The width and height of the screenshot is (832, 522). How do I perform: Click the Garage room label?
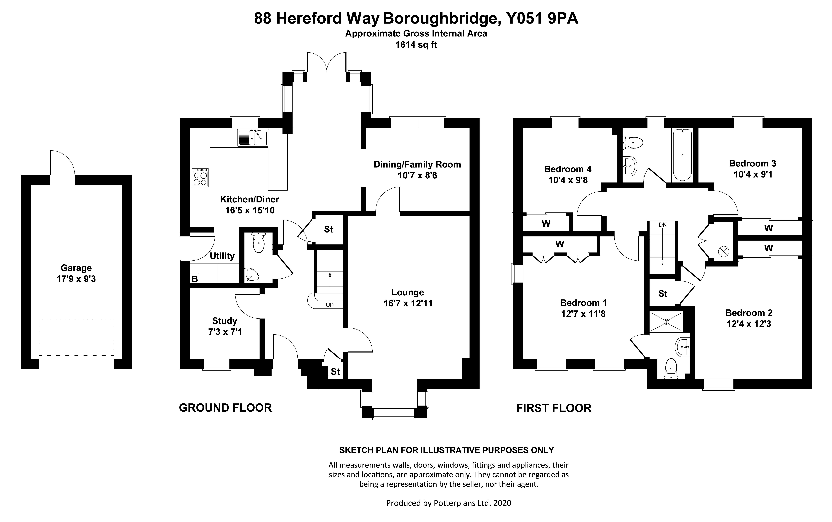point(76,268)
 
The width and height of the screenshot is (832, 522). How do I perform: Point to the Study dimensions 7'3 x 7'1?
point(225,332)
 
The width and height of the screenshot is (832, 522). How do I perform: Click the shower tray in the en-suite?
point(666,322)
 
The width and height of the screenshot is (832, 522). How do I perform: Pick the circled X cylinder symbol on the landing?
point(723,252)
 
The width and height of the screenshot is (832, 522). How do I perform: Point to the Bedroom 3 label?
point(752,163)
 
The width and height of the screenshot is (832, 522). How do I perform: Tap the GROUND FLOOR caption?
point(225,408)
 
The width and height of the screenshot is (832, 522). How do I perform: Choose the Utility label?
point(222,256)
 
